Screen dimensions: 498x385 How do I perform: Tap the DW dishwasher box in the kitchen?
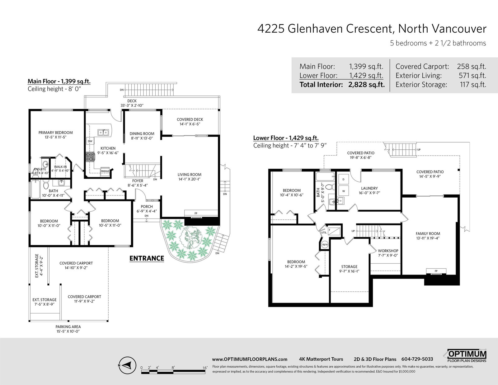coord(90,141)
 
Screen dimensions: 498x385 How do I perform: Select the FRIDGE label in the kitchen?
coord(105,171)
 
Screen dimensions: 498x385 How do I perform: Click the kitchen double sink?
coord(103,132)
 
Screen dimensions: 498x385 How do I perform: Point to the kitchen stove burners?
coord(90,157)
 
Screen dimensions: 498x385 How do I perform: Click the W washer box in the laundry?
coord(343,191)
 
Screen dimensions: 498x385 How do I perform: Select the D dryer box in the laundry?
coord(343,179)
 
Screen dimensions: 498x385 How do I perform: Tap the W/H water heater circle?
coord(325,245)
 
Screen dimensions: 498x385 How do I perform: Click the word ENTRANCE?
coord(147,258)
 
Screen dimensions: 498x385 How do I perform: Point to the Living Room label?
coord(189,174)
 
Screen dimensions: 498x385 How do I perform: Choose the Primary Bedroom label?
coord(55,133)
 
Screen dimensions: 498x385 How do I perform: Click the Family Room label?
coord(428,233)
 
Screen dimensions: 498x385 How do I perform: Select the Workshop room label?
coord(388,251)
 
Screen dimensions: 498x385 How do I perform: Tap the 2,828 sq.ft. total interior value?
coord(366,85)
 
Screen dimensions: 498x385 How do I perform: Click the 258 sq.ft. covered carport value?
coord(472,67)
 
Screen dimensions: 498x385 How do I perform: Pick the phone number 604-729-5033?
coord(417,359)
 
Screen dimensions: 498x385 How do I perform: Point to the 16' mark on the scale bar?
coord(205,368)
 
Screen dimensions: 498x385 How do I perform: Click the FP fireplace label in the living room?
coord(196,214)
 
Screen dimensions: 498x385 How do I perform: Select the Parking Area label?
coord(68,327)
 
